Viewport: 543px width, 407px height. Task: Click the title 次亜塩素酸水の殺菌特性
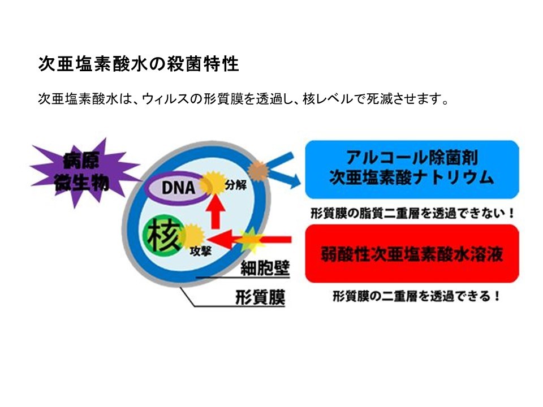pyautogui.click(x=139, y=64)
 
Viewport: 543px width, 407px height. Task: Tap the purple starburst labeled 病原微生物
pyautogui.click(x=83, y=172)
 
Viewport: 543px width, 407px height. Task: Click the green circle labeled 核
pyautogui.click(x=163, y=237)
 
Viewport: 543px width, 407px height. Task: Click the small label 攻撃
pyautogui.click(x=200, y=251)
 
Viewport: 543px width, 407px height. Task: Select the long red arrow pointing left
pyautogui.click(x=249, y=239)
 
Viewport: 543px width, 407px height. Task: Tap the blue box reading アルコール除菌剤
pyautogui.click(x=412, y=169)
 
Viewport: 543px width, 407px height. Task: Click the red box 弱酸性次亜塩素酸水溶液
pyautogui.click(x=412, y=254)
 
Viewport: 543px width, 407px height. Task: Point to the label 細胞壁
pyautogui.click(x=265, y=268)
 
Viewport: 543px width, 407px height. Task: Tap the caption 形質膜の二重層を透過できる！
pyautogui.click(x=416, y=296)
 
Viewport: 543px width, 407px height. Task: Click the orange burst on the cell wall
pyautogui.click(x=258, y=170)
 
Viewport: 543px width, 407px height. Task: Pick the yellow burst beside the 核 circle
pyautogui.click(x=192, y=237)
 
